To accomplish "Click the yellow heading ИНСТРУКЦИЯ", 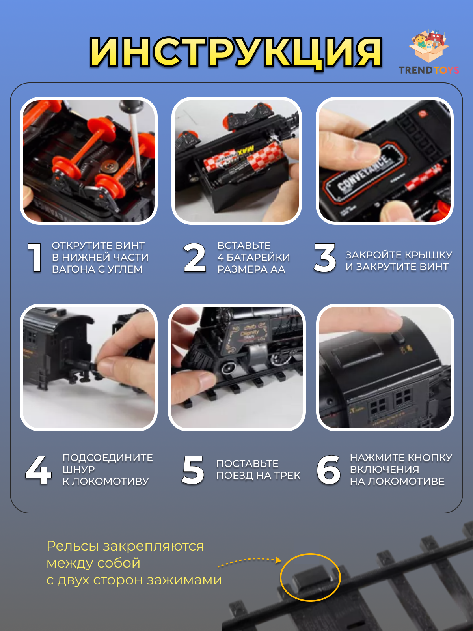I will (x=236, y=52).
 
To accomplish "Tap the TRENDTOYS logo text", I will (x=428, y=70).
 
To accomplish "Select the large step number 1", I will (x=35, y=258).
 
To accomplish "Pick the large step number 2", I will (x=195, y=258).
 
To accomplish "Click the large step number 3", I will (x=325, y=258).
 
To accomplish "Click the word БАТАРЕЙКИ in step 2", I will (x=258, y=258).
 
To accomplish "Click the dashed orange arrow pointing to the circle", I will (x=250, y=560).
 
